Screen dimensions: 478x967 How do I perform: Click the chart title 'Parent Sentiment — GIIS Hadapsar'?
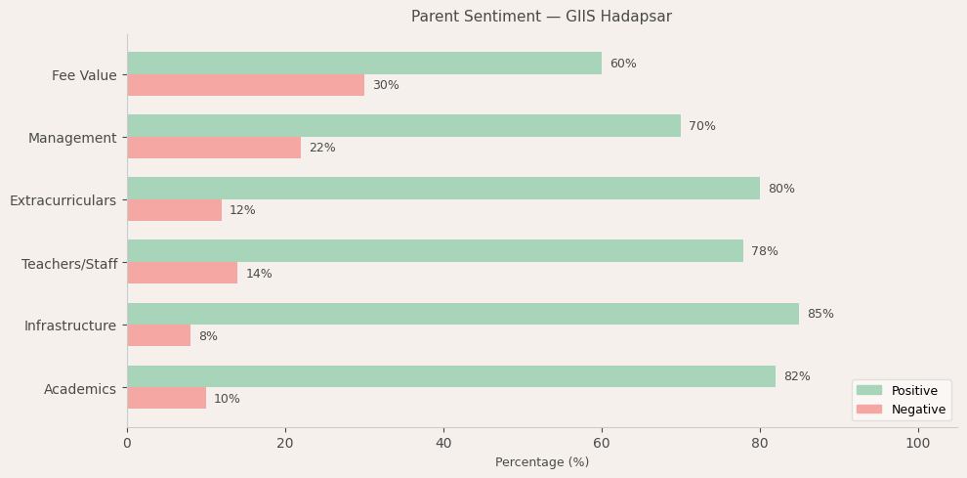(541, 17)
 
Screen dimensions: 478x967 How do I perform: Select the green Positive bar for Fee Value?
(364, 64)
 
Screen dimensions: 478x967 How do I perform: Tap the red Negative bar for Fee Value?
(245, 85)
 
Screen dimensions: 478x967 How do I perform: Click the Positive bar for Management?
(403, 126)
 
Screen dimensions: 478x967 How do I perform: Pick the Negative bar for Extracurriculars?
(174, 210)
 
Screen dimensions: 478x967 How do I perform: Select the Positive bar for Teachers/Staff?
(435, 251)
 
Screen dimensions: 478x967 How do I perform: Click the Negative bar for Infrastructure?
(158, 335)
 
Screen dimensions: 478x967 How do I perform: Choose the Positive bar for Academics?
(451, 376)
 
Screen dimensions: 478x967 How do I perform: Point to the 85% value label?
(820, 314)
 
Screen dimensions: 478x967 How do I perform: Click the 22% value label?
(321, 148)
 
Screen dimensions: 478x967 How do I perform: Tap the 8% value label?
(208, 336)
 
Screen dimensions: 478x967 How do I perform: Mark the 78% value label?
(764, 251)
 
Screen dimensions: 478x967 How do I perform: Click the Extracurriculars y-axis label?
(63, 200)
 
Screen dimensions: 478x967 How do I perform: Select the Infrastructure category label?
(70, 326)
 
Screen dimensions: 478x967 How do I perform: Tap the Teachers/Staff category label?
(69, 264)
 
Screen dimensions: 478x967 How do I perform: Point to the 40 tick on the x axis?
(443, 443)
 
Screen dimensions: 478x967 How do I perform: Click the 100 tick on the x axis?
(917, 443)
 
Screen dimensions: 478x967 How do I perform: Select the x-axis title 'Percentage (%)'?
(541, 462)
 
